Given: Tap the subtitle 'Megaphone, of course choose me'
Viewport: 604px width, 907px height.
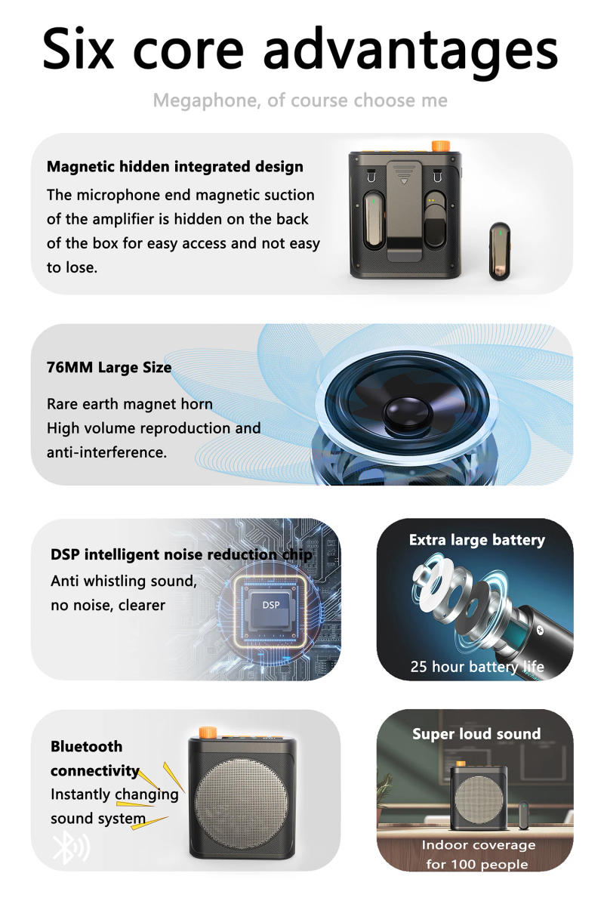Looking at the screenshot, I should pyautogui.click(x=300, y=100).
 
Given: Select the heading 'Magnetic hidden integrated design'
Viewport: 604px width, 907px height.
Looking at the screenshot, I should pyautogui.click(x=174, y=167).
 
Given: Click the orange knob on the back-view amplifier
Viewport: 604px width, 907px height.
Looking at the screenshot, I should pyautogui.click(x=437, y=145).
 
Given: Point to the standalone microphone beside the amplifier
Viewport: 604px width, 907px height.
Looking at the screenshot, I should pyautogui.click(x=498, y=251).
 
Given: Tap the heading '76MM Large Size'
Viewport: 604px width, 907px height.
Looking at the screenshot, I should pyautogui.click(x=109, y=368).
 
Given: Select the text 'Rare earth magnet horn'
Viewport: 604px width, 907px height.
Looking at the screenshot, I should pyautogui.click(x=129, y=404).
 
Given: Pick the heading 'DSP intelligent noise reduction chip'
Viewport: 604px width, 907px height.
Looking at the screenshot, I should pyautogui.click(x=181, y=554).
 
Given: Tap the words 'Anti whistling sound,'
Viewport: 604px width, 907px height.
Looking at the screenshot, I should pyautogui.click(x=123, y=581).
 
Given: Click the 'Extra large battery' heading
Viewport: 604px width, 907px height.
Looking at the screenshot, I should pyautogui.click(x=476, y=540).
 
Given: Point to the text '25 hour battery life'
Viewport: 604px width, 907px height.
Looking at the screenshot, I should pyautogui.click(x=476, y=667).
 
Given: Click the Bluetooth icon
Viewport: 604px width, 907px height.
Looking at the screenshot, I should pyautogui.click(x=69, y=848).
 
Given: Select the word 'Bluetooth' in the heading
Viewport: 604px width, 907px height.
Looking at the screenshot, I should pyautogui.click(x=86, y=746).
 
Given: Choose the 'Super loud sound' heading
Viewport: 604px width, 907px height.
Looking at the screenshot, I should pyautogui.click(x=476, y=733).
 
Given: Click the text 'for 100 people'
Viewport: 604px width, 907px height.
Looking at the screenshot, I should pyautogui.click(x=476, y=864).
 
